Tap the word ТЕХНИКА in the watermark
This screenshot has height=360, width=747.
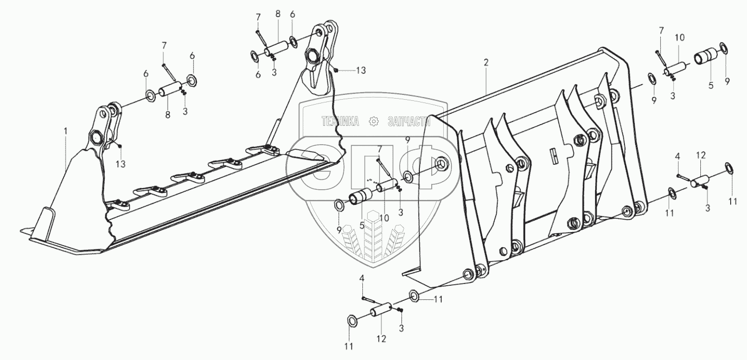(x=341, y=121)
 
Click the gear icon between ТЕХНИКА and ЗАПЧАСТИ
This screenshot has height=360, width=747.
(x=373, y=121)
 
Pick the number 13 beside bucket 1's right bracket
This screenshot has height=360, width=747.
(x=361, y=70)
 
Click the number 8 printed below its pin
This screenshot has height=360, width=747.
(x=167, y=114)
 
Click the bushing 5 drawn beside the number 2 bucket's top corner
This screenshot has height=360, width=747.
(x=705, y=57)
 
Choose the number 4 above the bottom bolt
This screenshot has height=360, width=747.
(x=362, y=279)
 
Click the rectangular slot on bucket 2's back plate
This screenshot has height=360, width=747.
(x=555, y=156)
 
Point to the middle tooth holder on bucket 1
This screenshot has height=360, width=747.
(x=186, y=177)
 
